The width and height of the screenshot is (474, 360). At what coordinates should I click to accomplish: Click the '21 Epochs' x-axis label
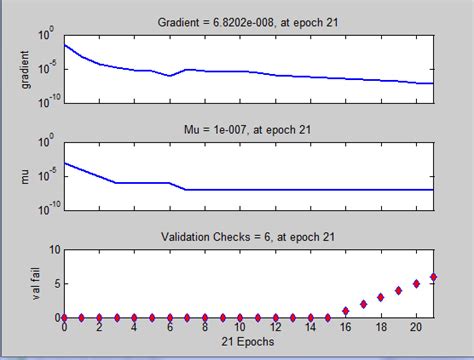[248, 342]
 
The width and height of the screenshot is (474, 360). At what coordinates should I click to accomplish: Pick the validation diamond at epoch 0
[64, 317]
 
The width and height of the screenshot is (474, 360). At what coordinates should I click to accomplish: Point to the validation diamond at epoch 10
[240, 317]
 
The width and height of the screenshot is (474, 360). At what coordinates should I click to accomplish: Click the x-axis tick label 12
[275, 328]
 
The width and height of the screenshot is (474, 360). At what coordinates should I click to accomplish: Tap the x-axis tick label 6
[170, 328]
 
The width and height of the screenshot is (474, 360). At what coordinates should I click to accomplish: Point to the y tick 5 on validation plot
[56, 284]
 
